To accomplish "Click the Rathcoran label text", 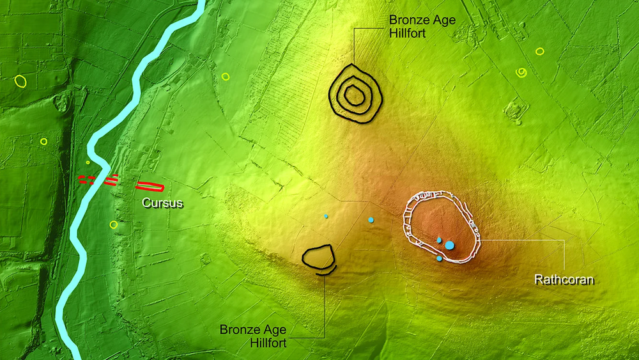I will click(x=564, y=279).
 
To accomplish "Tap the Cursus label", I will click(x=162, y=203).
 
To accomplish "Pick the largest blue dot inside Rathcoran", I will click(x=450, y=245).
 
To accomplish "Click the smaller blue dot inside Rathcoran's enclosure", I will click(x=439, y=239).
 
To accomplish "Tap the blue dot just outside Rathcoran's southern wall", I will click(x=439, y=259).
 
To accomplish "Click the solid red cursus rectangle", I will click(x=151, y=186).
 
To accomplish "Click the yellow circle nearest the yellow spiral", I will click(x=540, y=51).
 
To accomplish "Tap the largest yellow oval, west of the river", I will click(x=21, y=81).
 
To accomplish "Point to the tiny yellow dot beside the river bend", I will click(x=88, y=162).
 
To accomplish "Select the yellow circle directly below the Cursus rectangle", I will click(x=114, y=224).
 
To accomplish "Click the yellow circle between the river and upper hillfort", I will click(x=226, y=77).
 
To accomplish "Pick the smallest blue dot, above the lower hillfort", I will click(x=326, y=217).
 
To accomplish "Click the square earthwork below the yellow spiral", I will click(x=514, y=111).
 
